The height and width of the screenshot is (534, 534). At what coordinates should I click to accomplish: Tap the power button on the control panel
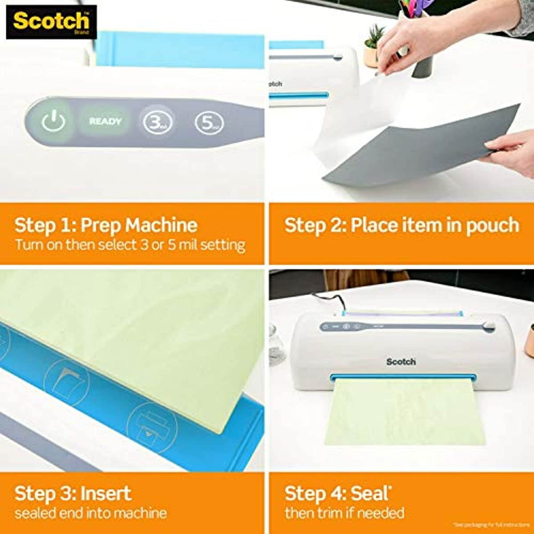[x=53, y=121]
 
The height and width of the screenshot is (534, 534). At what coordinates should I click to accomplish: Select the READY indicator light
[x=105, y=121]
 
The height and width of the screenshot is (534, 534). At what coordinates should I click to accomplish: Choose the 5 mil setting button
[x=208, y=122]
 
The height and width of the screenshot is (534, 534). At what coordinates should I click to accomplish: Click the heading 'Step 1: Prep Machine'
[x=105, y=225]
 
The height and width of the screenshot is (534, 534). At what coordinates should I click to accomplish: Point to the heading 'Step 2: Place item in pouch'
[x=401, y=225]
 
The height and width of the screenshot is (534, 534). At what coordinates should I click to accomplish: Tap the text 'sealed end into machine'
[x=90, y=513]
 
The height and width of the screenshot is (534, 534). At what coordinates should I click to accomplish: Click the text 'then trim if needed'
[x=344, y=513]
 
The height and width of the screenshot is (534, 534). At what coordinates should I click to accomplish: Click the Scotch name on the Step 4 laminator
[x=400, y=362]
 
